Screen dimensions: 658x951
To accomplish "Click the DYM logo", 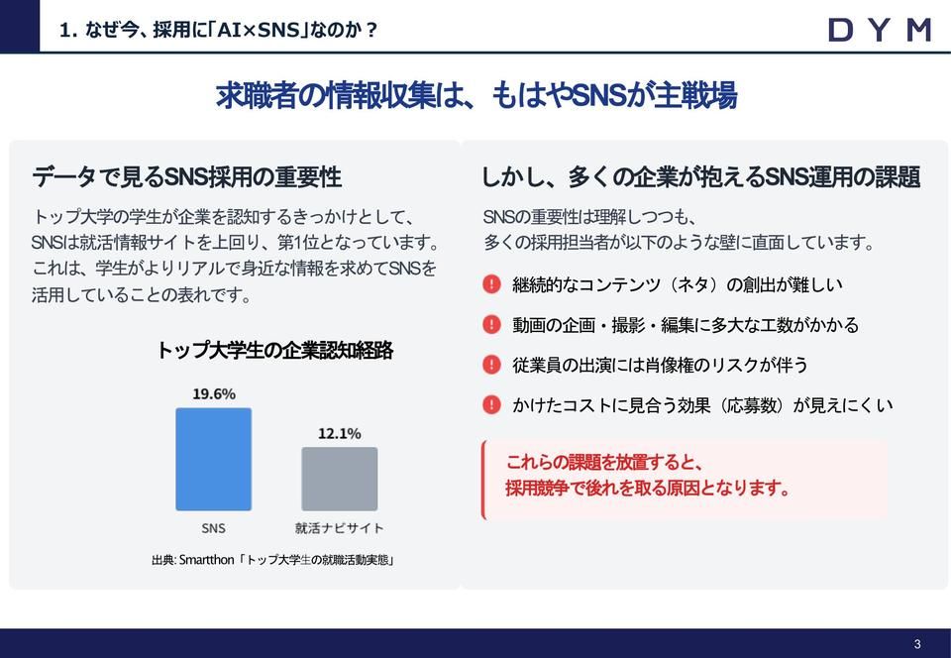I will (879, 30).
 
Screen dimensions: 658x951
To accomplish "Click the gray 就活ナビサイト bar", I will (340, 479).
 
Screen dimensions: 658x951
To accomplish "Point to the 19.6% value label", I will (214, 393).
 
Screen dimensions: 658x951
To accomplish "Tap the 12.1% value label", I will (340, 434).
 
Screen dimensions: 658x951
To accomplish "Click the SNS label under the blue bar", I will (213, 528).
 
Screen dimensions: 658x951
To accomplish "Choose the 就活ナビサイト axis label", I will (340, 528).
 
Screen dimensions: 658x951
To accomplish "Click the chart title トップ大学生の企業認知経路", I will (274, 350).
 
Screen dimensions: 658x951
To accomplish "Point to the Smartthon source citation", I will (274, 560).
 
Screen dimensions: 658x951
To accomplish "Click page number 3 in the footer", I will (917, 644).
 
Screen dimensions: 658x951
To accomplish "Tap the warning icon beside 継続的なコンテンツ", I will (491, 284).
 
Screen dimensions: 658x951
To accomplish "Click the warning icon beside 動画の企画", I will (491, 324).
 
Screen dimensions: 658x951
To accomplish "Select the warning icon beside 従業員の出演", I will (491, 365).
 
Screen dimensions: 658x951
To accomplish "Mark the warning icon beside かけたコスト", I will (491, 404).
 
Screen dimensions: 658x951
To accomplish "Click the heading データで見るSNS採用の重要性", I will (186, 177).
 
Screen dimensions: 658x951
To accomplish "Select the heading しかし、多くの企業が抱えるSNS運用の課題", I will (700, 177).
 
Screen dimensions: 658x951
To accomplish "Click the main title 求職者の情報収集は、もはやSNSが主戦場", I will (475, 96).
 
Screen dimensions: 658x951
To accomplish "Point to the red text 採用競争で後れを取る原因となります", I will (649, 489).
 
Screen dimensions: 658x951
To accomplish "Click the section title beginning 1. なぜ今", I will (219, 30).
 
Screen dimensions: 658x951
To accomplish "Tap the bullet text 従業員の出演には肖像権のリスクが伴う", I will (661, 365).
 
